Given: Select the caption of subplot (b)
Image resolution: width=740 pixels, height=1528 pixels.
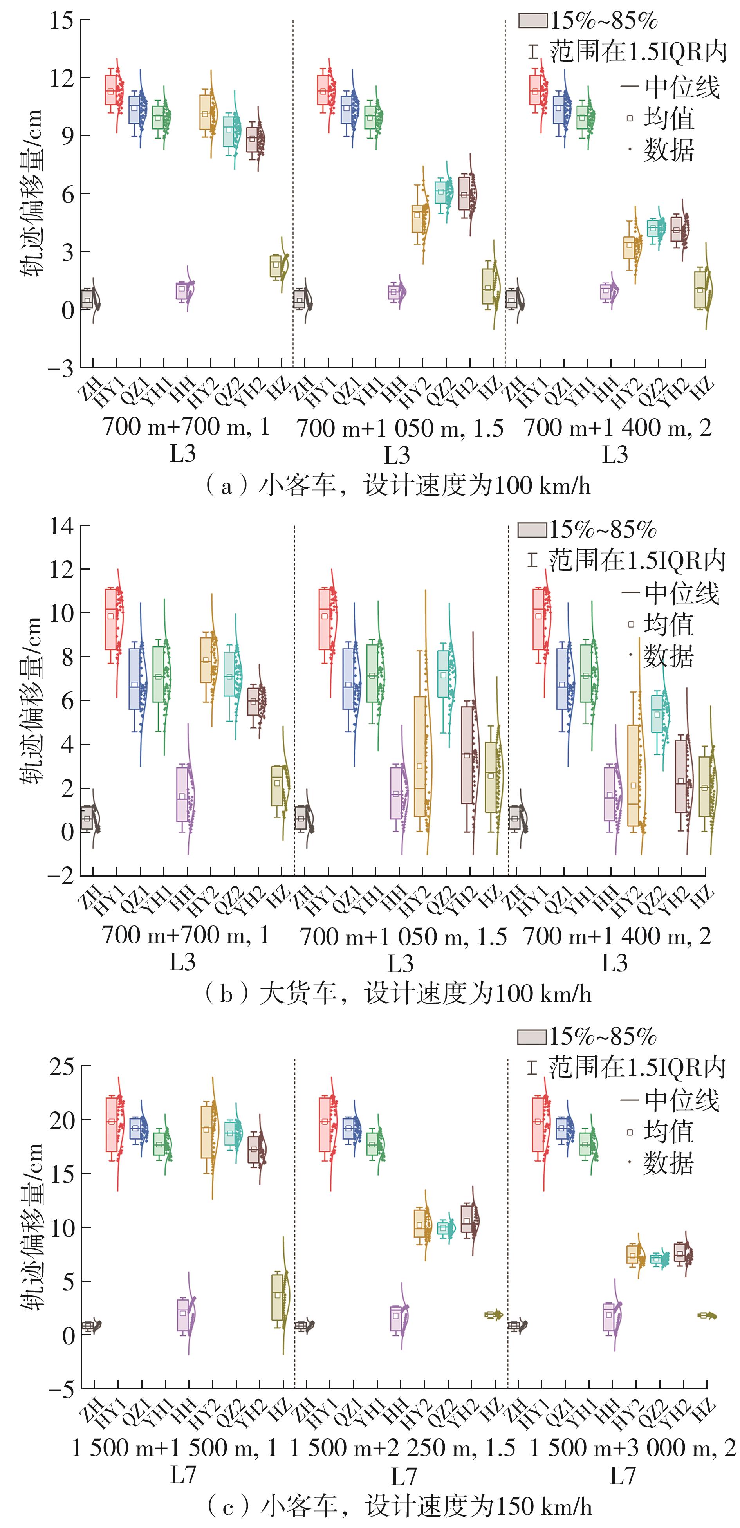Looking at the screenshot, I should [397, 993].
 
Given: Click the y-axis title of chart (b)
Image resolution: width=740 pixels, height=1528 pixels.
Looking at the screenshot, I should [31, 700].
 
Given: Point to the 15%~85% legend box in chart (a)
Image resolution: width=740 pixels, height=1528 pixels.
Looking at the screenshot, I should [533, 21].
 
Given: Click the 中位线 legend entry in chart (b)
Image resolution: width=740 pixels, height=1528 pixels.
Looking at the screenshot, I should [671, 593].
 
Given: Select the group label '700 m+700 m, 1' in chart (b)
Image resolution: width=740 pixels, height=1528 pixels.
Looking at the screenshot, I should [186, 935].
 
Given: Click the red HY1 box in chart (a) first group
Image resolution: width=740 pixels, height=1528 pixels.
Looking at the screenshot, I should [110, 90].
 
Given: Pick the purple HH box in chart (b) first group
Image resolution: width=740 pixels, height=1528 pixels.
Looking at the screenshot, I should [182, 794].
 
